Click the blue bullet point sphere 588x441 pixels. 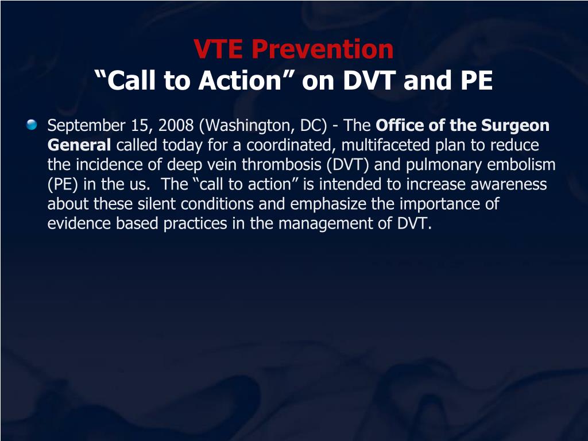coord(32,125)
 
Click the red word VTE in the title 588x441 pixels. coord(218,49)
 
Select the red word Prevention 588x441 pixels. coord(323,49)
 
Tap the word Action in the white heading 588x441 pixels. coord(240,80)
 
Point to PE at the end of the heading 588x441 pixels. coord(477,80)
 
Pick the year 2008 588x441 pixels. coord(176,125)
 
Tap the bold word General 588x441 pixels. coord(79,145)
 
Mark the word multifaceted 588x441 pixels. coord(385,145)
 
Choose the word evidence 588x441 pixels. coord(79,223)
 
